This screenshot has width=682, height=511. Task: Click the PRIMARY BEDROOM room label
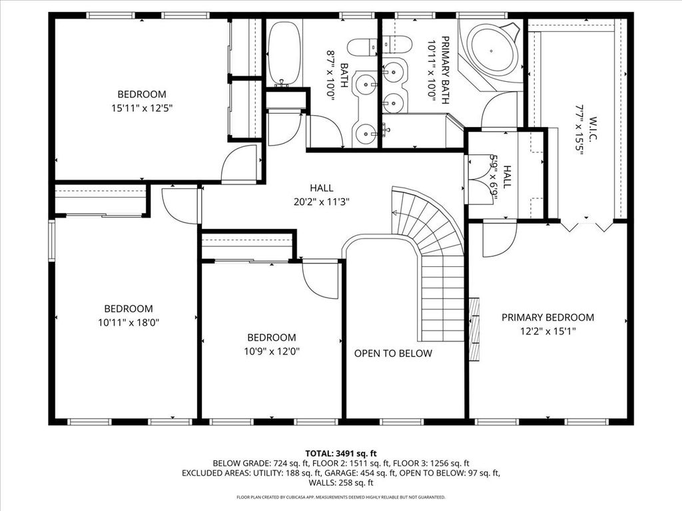click(547, 317)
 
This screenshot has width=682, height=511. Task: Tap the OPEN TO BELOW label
click(393, 353)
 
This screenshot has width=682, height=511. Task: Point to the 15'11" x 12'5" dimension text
click(142, 108)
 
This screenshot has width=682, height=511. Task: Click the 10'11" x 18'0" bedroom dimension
click(129, 323)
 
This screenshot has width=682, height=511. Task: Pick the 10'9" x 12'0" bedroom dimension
click(272, 351)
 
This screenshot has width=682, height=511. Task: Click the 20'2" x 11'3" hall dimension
click(322, 202)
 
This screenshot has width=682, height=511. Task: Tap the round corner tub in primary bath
click(492, 51)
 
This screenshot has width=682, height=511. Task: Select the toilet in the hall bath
click(362, 47)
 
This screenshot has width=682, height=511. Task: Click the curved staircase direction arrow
click(396, 213)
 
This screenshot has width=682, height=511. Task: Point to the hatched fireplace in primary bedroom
click(474, 329)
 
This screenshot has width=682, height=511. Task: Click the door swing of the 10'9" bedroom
click(320, 279)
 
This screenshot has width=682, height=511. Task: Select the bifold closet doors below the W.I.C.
click(586, 226)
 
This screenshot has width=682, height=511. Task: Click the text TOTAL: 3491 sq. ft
click(340, 454)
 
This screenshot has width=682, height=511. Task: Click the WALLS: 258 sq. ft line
click(341, 483)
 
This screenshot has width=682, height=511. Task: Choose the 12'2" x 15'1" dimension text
click(548, 331)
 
